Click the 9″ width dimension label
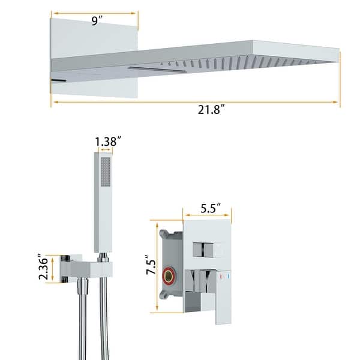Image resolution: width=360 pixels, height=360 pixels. [95, 20]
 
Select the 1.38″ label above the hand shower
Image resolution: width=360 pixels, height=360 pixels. [108, 142]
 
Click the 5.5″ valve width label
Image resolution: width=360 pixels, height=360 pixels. [215, 209]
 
